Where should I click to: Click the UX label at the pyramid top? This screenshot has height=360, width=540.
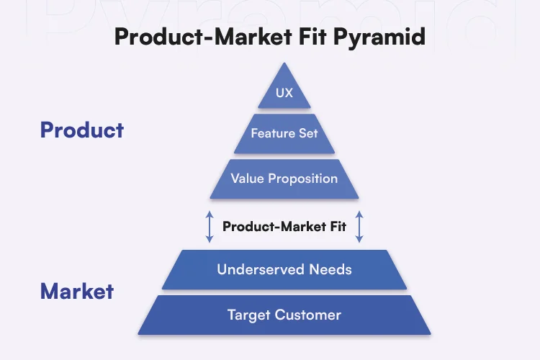click(284, 93)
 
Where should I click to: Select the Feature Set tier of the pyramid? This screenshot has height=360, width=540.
click(284, 133)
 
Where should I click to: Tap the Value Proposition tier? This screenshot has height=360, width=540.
click(284, 178)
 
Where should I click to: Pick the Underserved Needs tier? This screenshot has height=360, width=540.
click(284, 269)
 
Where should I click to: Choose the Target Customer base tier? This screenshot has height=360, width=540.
click(284, 315)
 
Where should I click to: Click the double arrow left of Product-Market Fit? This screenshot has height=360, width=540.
click(210, 226)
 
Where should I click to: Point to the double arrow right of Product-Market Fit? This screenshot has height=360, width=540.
click(359, 226)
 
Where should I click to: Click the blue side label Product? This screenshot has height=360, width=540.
click(82, 130)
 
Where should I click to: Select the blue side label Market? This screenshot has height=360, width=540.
click(77, 291)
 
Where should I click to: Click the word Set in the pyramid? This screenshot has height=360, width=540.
click(308, 133)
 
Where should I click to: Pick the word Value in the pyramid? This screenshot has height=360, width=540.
click(248, 178)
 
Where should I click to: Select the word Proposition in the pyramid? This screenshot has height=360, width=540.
click(302, 178)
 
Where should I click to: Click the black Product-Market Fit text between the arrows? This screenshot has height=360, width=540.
click(284, 226)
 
